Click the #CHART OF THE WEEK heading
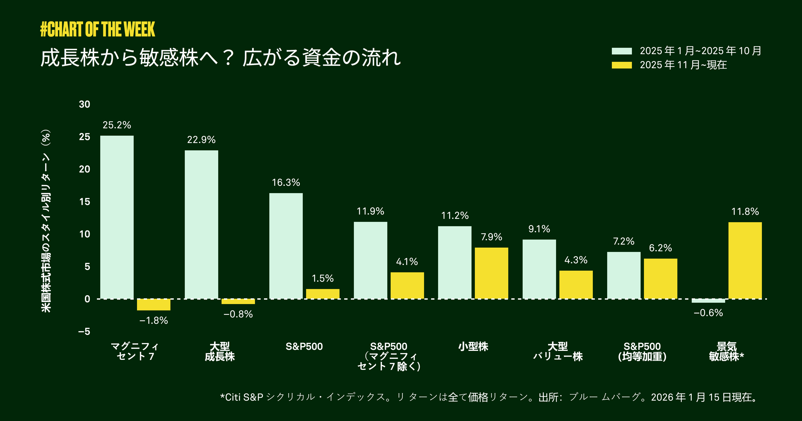(x=98, y=29)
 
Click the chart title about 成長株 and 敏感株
(x=221, y=58)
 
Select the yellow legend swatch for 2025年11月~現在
(x=622, y=65)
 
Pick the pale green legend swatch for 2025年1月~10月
(x=622, y=51)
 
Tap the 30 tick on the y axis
(x=85, y=105)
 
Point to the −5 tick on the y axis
(x=84, y=331)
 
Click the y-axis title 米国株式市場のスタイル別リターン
(x=46, y=221)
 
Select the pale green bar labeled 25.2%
(x=117, y=217)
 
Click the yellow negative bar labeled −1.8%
(x=154, y=305)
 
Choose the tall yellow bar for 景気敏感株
(x=745, y=261)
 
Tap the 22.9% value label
(x=201, y=140)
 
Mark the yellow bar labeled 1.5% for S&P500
(x=322, y=294)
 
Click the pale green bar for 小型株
(x=455, y=262)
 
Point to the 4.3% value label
(x=576, y=260)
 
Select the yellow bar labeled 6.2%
(x=660, y=279)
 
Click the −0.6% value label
(x=708, y=313)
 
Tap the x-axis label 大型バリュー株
(x=558, y=352)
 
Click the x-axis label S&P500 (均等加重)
(x=642, y=352)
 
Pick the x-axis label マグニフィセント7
(x=135, y=352)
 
